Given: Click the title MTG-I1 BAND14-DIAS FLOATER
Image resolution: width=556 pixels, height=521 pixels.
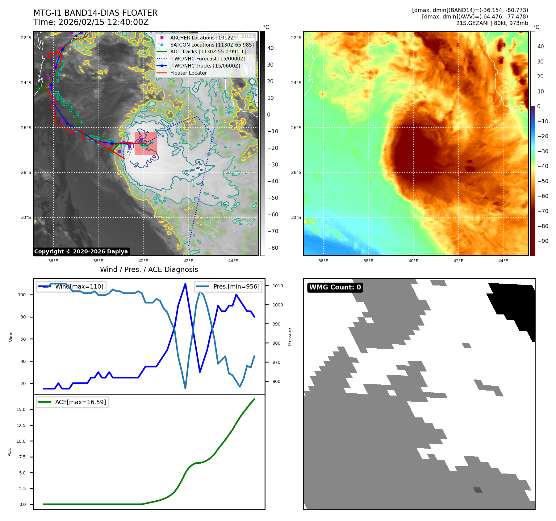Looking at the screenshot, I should tap(95, 13).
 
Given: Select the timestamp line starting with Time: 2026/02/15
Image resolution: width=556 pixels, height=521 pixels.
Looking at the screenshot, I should tap(91, 22).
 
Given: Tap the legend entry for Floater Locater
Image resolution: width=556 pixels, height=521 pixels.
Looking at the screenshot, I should tap(188, 73).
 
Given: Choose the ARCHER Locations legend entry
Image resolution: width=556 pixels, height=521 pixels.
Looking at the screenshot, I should tap(203, 38).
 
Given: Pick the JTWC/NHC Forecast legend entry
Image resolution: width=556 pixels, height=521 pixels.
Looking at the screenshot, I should tap(207, 59).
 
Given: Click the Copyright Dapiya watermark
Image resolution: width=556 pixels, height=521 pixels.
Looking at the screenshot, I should tap(81, 252).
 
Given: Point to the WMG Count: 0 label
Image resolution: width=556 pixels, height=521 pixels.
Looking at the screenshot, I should tap(335, 287).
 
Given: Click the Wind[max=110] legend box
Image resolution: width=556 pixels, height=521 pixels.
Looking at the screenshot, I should tap(71, 286).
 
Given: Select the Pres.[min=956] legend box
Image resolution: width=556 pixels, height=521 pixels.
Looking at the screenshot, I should tap(228, 286).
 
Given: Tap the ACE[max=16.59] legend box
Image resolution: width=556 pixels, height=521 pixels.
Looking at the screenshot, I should tap(73, 402).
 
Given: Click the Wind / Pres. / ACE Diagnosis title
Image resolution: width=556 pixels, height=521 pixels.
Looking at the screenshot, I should tap(149, 270).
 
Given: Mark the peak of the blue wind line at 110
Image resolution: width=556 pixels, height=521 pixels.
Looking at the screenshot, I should tap(185, 284).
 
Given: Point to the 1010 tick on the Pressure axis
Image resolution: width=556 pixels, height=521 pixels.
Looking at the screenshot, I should tap(278, 286).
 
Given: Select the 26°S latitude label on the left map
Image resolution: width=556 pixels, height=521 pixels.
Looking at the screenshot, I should tap(26, 128).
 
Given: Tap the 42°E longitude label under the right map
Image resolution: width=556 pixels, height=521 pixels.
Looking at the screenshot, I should tap(458, 261).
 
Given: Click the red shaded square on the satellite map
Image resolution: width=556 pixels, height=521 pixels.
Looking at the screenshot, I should tap(146, 143).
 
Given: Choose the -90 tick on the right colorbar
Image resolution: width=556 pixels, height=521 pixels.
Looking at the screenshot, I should tap(543, 241).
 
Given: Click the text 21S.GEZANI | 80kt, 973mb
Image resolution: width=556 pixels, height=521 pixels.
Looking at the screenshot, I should tap(492, 23).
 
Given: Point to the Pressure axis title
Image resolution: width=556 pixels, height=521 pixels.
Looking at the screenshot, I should tap(290, 337).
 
